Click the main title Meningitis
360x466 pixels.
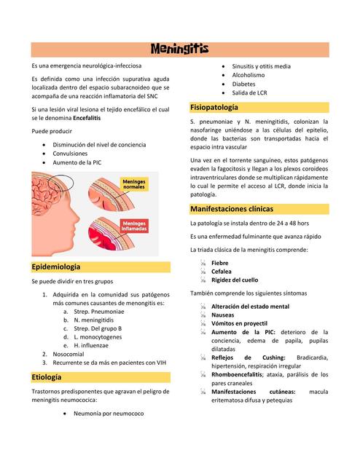tap(179, 50)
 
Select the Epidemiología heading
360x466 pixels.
tap(55, 266)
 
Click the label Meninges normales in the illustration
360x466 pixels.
tap(134, 184)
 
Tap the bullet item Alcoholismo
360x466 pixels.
tap(248, 75)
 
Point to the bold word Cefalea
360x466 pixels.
tap(222, 271)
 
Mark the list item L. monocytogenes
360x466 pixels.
tap(98, 336)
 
